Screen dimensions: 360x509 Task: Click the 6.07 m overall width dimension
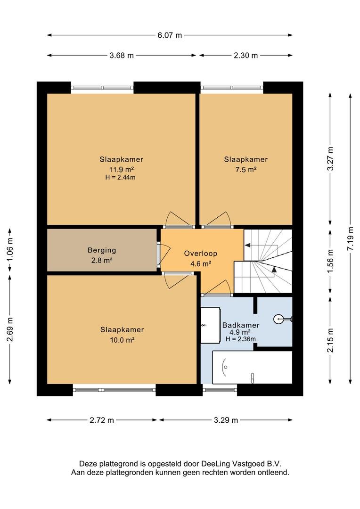[170, 35]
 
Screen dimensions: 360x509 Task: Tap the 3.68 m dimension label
[122, 55]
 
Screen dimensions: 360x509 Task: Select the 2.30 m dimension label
[246, 55]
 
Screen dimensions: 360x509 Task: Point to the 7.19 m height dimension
[350, 238]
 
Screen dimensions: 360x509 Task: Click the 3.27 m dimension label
[330, 159]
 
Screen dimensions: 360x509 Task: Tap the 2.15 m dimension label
[330, 340]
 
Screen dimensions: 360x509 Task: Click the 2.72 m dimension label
[102, 420]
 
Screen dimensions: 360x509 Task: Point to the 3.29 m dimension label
[226, 420]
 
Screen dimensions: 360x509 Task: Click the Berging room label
[102, 250]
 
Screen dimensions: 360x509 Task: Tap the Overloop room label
[201, 253]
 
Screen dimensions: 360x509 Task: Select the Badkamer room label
[240, 325]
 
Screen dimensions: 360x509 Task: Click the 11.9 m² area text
[122, 169]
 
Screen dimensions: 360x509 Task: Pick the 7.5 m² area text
[246, 169]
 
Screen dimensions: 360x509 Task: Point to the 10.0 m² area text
[122, 340]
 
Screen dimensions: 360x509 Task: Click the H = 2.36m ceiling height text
[240, 339]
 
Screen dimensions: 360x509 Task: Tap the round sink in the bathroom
[279, 319]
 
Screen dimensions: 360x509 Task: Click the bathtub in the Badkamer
[252, 367]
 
